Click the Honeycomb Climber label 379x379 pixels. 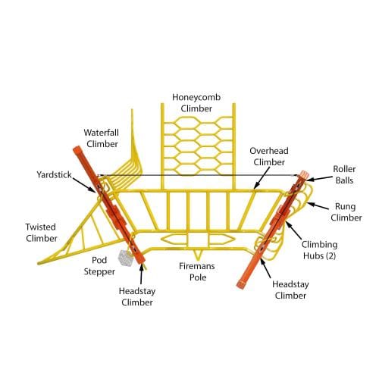click(196, 103)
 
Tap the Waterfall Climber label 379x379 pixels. click(102, 138)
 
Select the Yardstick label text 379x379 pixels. click(54, 174)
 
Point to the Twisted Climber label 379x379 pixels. click(41, 233)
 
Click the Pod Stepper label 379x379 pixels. click(99, 266)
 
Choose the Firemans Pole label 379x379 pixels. click(197, 271)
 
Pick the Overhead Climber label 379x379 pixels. click(269, 156)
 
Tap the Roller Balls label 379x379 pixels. click(344, 174)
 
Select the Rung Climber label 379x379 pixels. click(346, 212)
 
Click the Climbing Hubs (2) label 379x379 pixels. click(320, 250)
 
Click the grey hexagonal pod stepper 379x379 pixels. click(126, 258)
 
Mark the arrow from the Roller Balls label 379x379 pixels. click(319, 178)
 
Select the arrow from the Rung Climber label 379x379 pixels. click(318, 205)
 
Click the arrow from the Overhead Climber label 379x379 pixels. click(262, 178)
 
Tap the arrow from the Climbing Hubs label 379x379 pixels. click(294, 230)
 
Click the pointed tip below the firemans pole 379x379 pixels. click(198, 260)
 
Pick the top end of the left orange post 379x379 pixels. click(77, 149)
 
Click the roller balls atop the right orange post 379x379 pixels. click(304, 174)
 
